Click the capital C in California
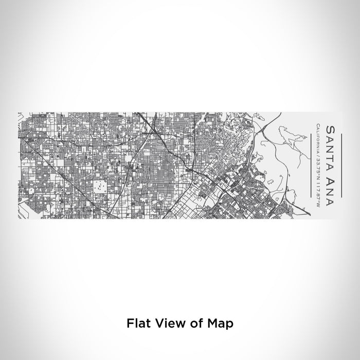(x=319, y=125)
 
